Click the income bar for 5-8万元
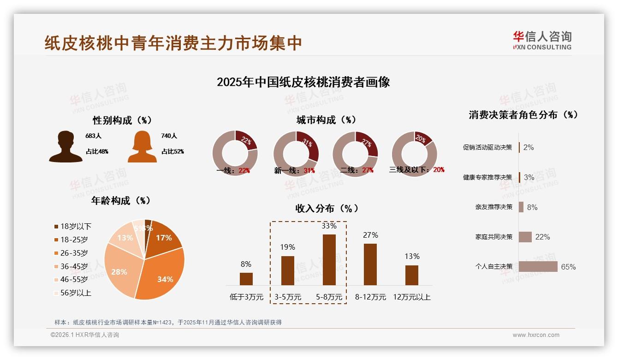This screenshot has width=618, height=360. (x=329, y=260)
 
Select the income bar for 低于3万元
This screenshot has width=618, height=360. (x=246, y=279)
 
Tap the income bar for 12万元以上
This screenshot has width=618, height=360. (x=411, y=275)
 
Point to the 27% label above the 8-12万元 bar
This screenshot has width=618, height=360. (x=370, y=235)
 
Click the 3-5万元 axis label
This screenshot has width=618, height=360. (x=287, y=297)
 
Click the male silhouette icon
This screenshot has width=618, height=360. (x=65, y=147)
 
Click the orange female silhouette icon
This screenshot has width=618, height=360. (x=142, y=147)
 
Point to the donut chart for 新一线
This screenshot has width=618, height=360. (x=296, y=153)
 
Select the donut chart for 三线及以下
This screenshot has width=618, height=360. (x=414, y=153)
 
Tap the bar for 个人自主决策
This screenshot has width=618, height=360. (x=538, y=267)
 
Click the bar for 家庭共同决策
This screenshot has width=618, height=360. (x=525, y=237)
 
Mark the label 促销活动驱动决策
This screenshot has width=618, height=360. (x=487, y=147)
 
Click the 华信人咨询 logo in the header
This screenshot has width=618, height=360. (x=542, y=41)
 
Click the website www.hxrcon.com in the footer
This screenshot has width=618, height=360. (x=536, y=335)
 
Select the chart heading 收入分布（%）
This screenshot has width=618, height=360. (x=327, y=208)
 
